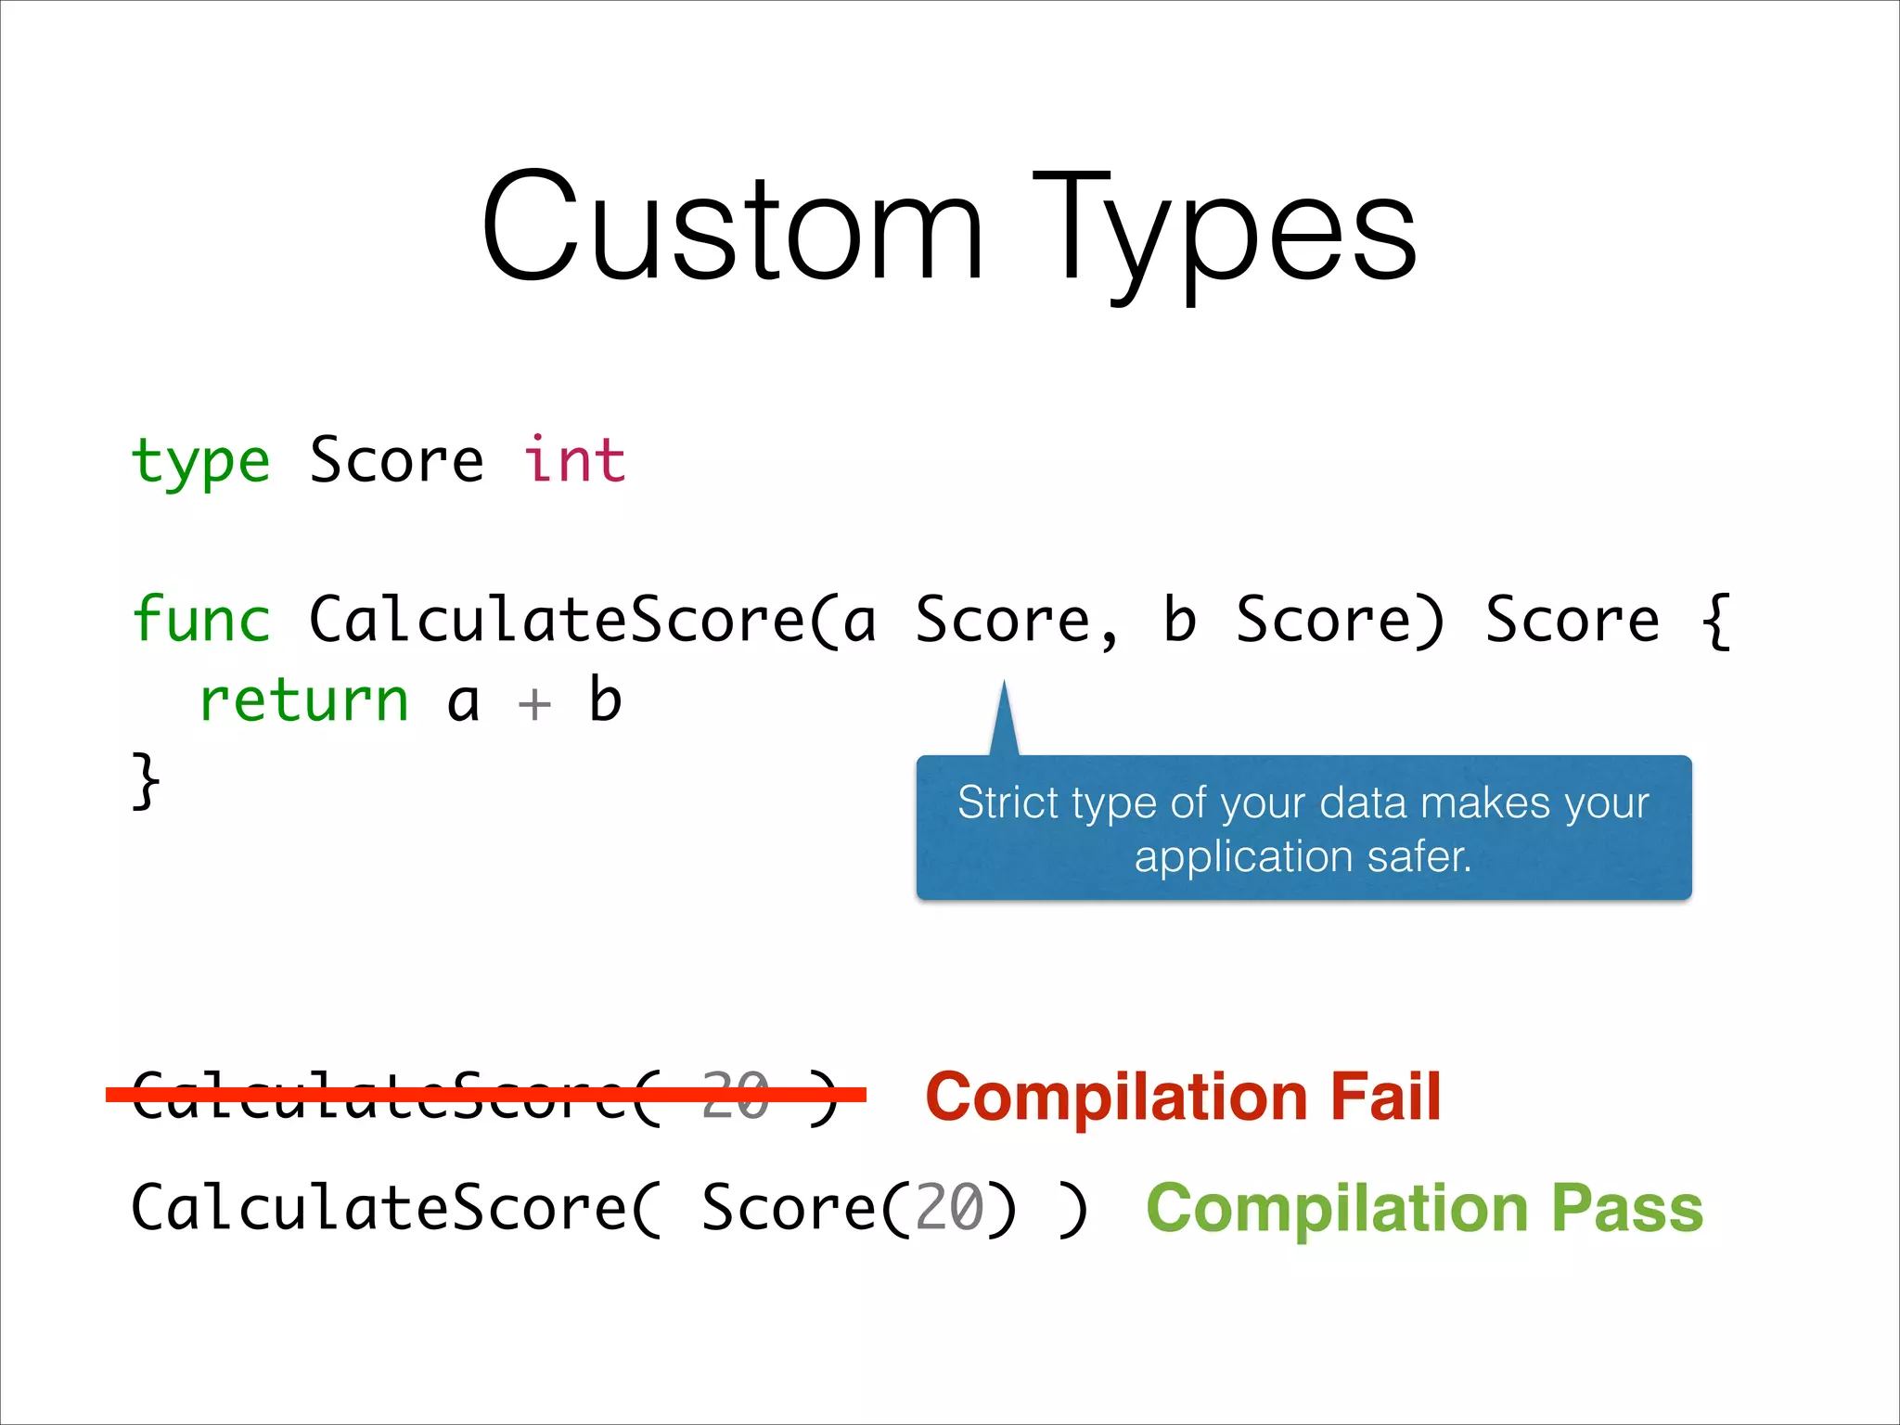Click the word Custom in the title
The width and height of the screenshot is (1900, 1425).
pos(733,227)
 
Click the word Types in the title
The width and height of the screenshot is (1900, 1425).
pos(1225,232)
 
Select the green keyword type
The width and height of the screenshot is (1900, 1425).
pos(201,462)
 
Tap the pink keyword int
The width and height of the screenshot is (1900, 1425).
pos(574,460)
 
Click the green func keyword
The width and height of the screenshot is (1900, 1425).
pos(201,620)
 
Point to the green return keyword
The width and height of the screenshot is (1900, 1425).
pos(303,700)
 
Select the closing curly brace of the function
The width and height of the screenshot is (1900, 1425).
pos(146,781)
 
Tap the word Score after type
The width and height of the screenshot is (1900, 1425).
pos(396,460)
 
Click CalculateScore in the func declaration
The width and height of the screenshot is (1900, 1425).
pos(557,620)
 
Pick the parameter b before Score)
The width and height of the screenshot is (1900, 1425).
pos(1179,620)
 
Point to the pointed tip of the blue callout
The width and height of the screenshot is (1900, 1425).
pos(1004,687)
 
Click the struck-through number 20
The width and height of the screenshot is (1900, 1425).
pos(736,1096)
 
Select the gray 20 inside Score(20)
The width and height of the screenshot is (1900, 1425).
pos(949,1208)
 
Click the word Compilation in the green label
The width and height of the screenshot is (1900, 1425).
pos(1337,1208)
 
